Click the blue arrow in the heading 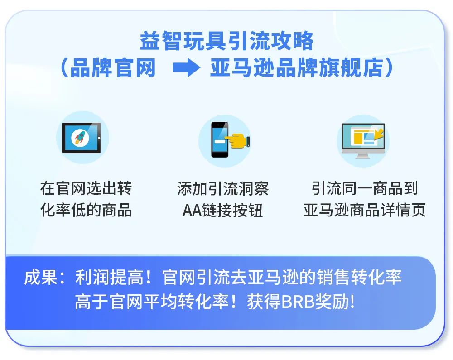[186, 68]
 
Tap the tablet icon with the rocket [82, 138]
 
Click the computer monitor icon [363, 139]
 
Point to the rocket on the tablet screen [81, 137]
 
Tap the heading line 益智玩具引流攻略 [226, 42]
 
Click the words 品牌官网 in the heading [113, 68]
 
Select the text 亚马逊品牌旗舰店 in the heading [295, 68]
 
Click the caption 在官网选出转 [86, 188]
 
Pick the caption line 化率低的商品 [86, 210]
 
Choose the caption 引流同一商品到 [364, 188]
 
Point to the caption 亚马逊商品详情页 [364, 210]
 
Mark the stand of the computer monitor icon [362, 155]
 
